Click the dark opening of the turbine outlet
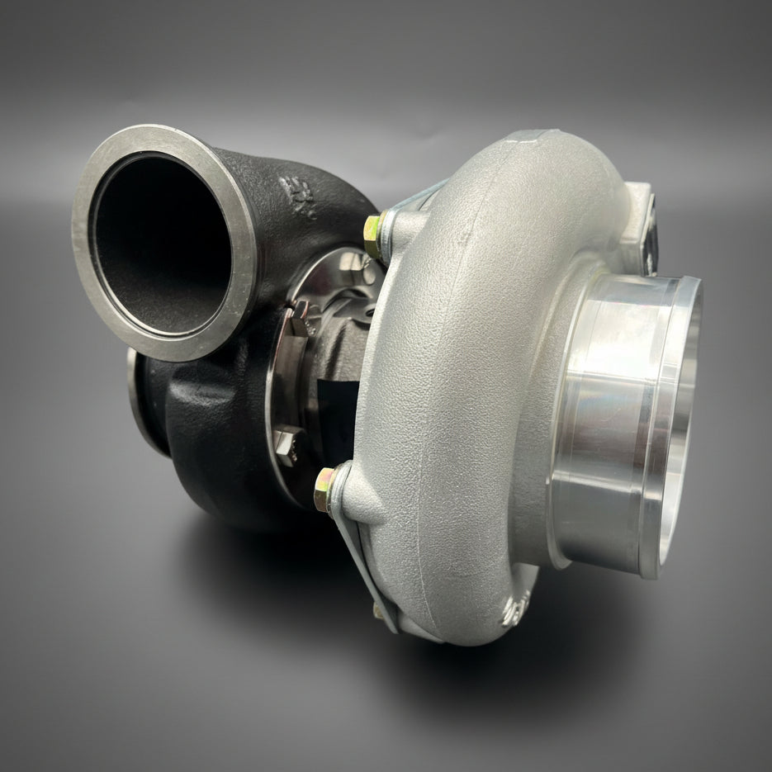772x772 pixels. (x=161, y=244)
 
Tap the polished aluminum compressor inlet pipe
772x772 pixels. (x=611, y=429)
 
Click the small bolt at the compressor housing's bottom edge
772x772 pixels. (x=378, y=611)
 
